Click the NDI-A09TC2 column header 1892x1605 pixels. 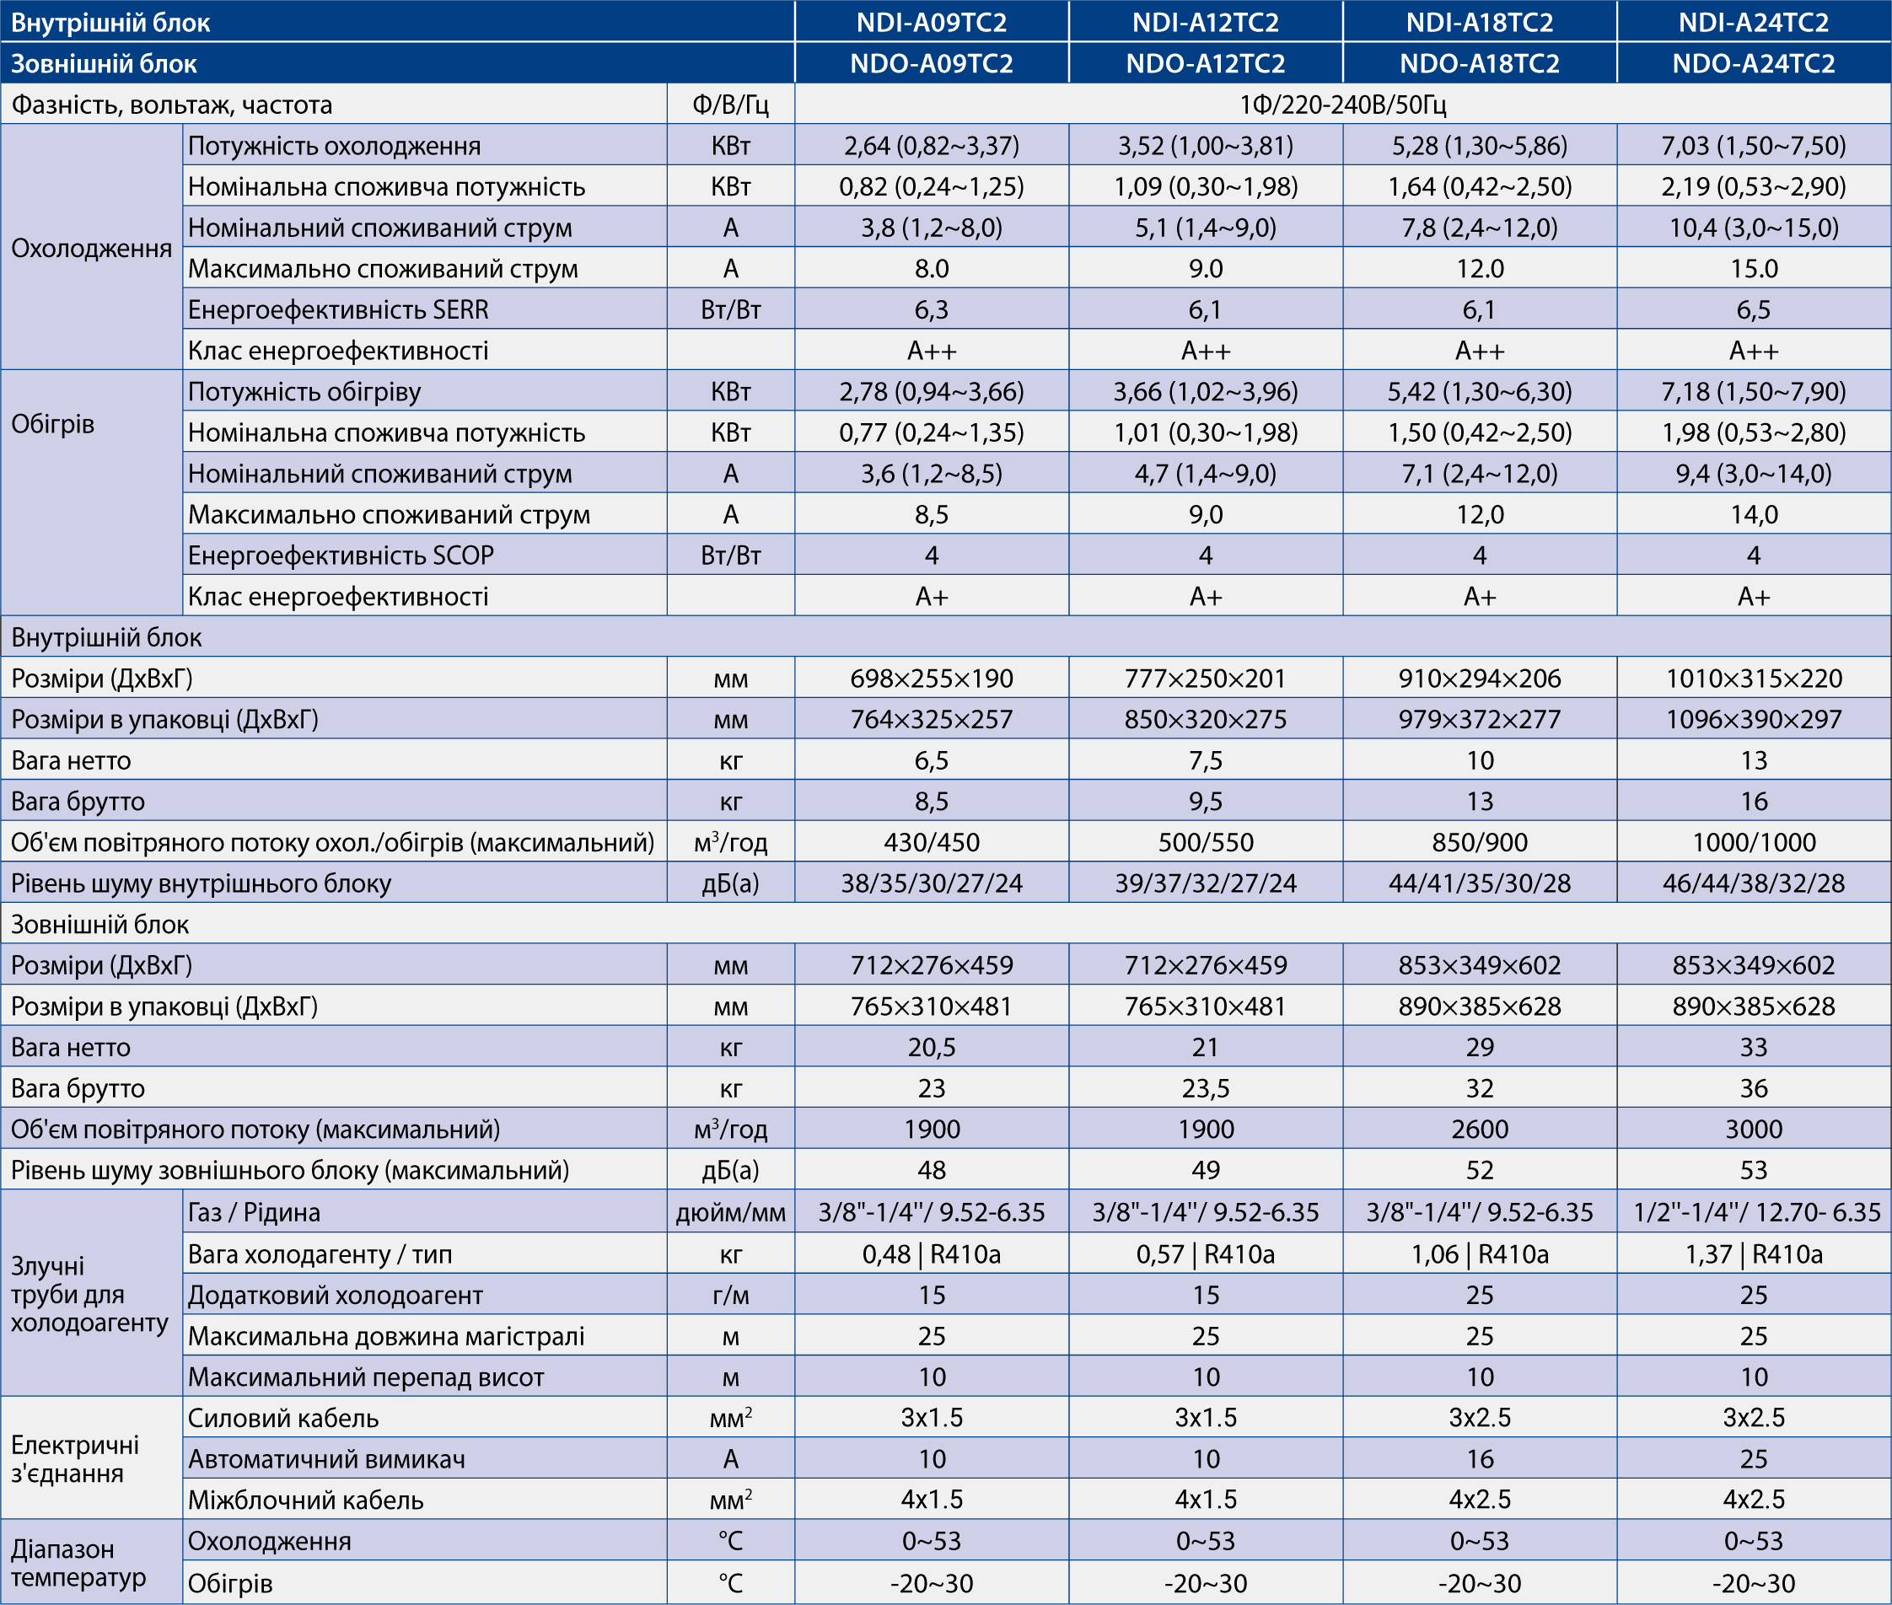click(931, 22)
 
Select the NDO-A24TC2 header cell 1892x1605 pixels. click(1753, 64)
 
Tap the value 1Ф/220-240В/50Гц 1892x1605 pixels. click(1342, 105)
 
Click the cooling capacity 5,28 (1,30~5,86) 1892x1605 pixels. click(1479, 146)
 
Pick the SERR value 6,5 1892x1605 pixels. click(1753, 309)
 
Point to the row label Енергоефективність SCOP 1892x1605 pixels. click(341, 555)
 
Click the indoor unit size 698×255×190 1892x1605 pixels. click(931, 678)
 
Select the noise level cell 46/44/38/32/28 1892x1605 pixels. click(1753, 883)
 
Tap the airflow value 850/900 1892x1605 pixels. click(1479, 841)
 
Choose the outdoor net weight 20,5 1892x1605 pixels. click(931, 1046)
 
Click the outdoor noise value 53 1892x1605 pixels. click(1753, 1169)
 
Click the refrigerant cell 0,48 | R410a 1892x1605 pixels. click(931, 1253)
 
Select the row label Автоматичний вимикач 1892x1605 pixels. click(325, 1459)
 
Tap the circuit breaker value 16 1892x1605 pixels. click(1479, 1459)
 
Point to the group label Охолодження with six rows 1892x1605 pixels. click(91, 248)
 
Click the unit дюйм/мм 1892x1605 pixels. click(730, 1212)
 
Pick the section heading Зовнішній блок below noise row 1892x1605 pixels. click(100, 925)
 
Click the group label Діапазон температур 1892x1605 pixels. click(78, 1563)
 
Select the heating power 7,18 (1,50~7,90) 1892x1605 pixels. click(1753, 391)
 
